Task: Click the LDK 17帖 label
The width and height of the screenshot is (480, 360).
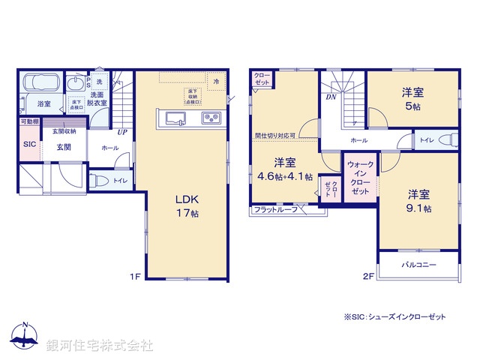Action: pyautogui.click(x=187, y=206)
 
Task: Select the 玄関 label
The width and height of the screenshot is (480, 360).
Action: pyautogui.click(x=62, y=147)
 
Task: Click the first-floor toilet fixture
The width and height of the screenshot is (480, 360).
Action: pyautogui.click(x=97, y=180)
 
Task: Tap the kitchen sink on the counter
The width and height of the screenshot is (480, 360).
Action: pyautogui.click(x=173, y=118)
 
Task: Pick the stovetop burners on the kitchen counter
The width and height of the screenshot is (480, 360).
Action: pyautogui.click(x=208, y=118)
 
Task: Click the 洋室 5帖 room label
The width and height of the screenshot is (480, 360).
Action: pyautogui.click(x=412, y=98)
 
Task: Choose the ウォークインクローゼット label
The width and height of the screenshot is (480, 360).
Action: pyautogui.click(x=361, y=178)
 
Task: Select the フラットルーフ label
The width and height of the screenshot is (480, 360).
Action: pyautogui.click(x=275, y=210)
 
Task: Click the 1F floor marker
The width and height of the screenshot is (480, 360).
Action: pyautogui.click(x=134, y=276)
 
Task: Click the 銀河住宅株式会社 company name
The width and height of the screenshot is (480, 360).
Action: pyautogui.click(x=100, y=346)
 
